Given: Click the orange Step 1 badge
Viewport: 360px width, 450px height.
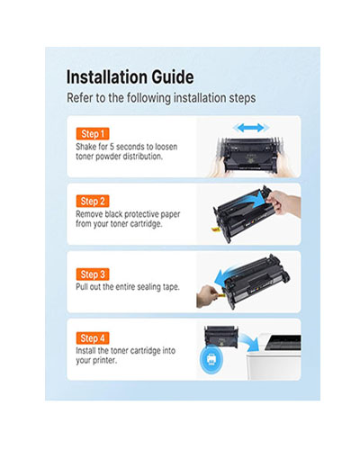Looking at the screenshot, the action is tap(93, 134).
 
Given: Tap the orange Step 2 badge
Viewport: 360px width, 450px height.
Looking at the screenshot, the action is tap(93, 201).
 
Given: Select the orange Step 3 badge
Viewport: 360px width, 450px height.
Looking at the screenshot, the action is tap(93, 274).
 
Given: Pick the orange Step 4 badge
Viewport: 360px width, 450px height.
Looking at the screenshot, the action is tap(93, 338).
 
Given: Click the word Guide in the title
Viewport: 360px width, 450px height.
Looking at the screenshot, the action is tap(173, 76).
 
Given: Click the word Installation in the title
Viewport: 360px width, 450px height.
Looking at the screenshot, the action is tap(107, 76).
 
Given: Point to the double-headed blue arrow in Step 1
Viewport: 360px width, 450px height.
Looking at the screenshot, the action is tap(251, 128).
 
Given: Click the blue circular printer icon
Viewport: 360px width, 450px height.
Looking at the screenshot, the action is tap(211, 359).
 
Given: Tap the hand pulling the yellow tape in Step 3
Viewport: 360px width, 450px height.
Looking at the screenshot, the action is tap(206, 296).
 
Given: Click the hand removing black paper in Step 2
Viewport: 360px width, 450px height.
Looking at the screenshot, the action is tap(283, 202).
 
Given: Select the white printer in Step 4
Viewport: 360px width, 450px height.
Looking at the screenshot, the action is tap(274, 356).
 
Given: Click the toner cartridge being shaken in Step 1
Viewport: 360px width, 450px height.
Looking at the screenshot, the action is tap(250, 156).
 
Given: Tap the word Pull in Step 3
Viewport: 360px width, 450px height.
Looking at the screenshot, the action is tap(82, 286).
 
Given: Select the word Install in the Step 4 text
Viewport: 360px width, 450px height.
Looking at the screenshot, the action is tap(85, 350).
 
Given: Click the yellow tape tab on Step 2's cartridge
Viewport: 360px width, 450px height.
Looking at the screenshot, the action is tap(215, 229).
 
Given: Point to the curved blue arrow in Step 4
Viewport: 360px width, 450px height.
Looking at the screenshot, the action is tap(248, 339).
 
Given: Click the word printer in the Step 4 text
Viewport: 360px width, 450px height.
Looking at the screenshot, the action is tap(104, 360).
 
